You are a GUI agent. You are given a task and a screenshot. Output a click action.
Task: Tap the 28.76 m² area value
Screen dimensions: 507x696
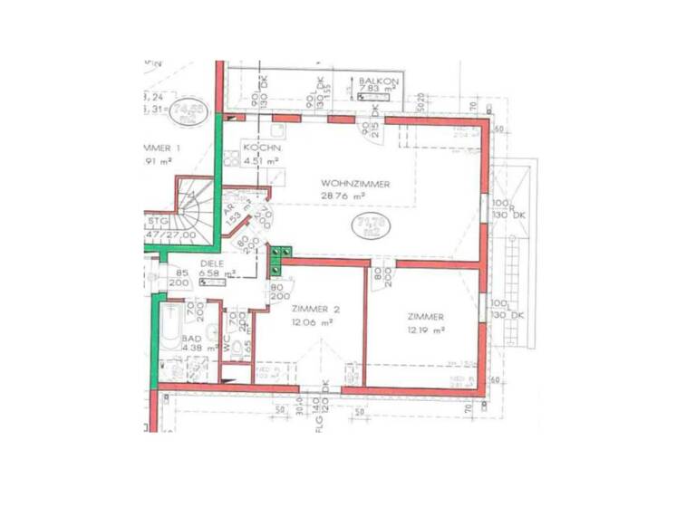[343, 196]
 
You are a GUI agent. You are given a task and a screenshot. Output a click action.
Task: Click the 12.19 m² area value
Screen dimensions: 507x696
[425, 331]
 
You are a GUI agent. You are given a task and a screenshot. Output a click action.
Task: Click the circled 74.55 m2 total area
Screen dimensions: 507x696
[189, 112]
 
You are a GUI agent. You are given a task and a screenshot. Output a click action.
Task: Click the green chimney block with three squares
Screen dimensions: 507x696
[281, 260]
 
